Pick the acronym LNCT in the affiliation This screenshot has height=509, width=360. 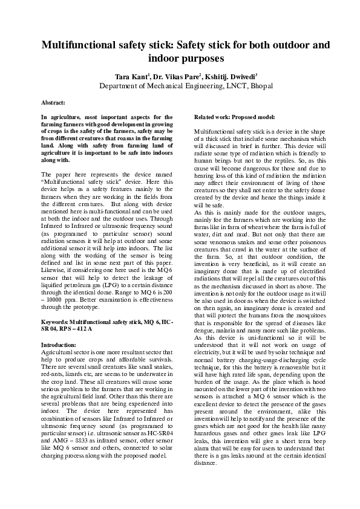pos(226,86)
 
